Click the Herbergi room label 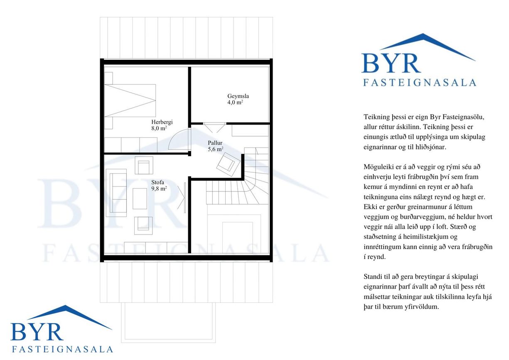pyautogui.click(x=162, y=122)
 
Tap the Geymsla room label pyautogui.click(x=238, y=96)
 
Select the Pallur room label pyautogui.click(x=215, y=143)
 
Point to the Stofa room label pyautogui.click(x=158, y=182)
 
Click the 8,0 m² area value pyautogui.click(x=159, y=128)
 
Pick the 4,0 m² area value pyautogui.click(x=235, y=102)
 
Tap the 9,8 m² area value pyautogui.click(x=159, y=189)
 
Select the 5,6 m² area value pyautogui.click(x=215, y=149)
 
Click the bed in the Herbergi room pyautogui.click(x=130, y=100)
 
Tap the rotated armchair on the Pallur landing pyautogui.click(x=228, y=164)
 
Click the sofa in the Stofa pyautogui.click(x=118, y=193)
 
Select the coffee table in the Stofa pyautogui.click(x=140, y=198)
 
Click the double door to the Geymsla pyautogui.click(x=214, y=127)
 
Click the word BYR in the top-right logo pyautogui.click(x=391, y=63)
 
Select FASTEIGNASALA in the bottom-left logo pyautogui.click(x=62, y=349)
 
